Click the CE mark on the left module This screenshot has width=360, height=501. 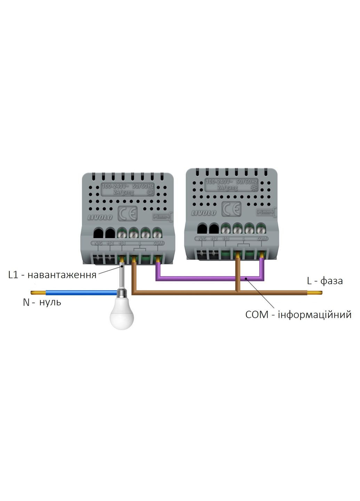(x=128, y=213)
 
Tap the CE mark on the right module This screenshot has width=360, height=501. (x=231, y=209)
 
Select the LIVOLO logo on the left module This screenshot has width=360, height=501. (x=100, y=217)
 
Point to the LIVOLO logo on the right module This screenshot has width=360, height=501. (x=203, y=213)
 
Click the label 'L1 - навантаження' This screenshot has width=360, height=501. (x=53, y=275)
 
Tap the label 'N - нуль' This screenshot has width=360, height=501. (x=42, y=302)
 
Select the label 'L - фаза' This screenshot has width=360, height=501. (x=325, y=280)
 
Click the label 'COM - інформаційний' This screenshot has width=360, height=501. (x=298, y=315)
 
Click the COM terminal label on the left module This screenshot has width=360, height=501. (x=158, y=243)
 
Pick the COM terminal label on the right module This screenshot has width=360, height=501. (x=262, y=239)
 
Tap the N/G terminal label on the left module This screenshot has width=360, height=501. (x=98, y=243)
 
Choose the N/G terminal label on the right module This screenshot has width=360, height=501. (x=202, y=239)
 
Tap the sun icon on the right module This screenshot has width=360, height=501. (x=254, y=188)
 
